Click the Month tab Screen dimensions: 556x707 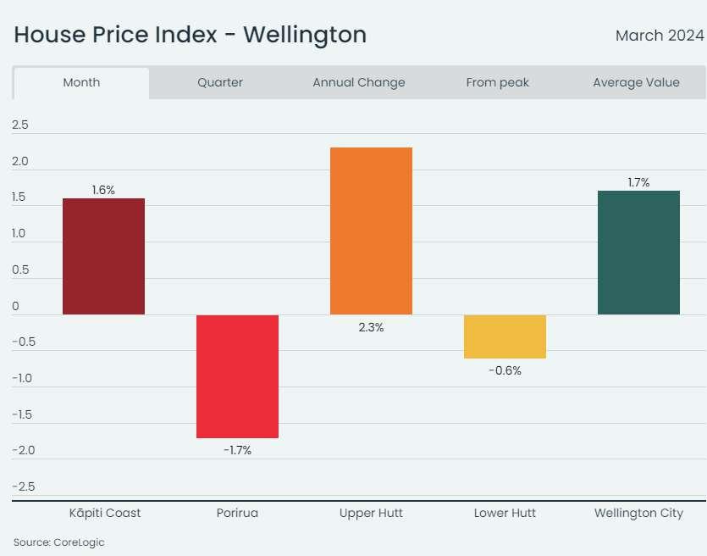pyautogui.click(x=81, y=82)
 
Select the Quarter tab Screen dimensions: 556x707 pyautogui.click(x=220, y=82)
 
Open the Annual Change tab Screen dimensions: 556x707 pyautogui.click(x=359, y=82)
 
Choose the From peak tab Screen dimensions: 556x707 pyautogui.click(x=498, y=82)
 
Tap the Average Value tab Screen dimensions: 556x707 pyautogui.click(x=636, y=82)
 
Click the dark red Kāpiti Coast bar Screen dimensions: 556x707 pyautogui.click(x=104, y=256)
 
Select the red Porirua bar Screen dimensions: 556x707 pyautogui.click(x=237, y=376)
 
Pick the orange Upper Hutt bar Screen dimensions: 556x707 pyautogui.click(x=371, y=231)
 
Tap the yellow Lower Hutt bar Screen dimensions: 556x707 pyautogui.click(x=505, y=336)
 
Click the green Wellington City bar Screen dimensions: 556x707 pyautogui.click(x=638, y=253)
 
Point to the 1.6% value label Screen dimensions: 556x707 pyautogui.click(x=103, y=190)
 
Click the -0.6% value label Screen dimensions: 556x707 pyautogui.click(x=505, y=370)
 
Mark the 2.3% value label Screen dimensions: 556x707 pyautogui.click(x=371, y=327)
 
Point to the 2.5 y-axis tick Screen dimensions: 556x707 pyautogui.click(x=20, y=125)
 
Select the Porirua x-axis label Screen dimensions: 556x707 pyautogui.click(x=237, y=513)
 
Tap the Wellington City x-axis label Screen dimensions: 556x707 pyautogui.click(x=638, y=513)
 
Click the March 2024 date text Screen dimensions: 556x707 pyautogui.click(x=660, y=36)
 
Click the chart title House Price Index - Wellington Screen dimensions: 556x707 pyautogui.click(x=191, y=35)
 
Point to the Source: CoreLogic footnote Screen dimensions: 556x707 pyautogui.click(x=59, y=542)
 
